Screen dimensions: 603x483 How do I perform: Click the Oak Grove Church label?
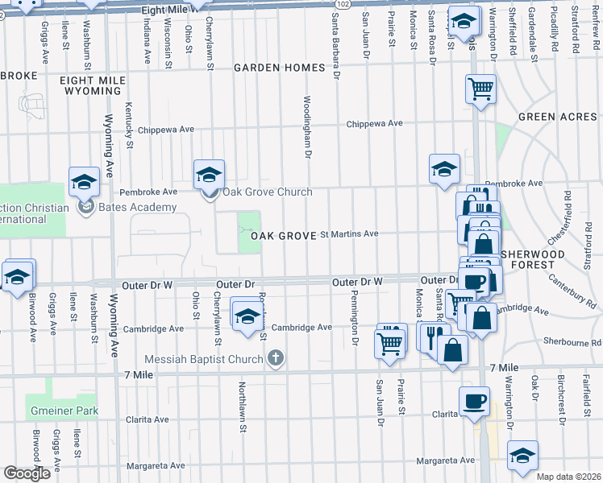pyautogui.click(x=268, y=192)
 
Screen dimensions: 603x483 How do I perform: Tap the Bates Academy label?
pyautogui.click(x=138, y=208)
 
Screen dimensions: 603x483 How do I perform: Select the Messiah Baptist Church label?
pyautogui.click(x=204, y=358)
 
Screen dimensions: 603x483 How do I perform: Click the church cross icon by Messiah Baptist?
pyautogui.click(x=276, y=358)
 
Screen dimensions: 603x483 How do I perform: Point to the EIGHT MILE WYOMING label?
pyautogui.click(x=90, y=85)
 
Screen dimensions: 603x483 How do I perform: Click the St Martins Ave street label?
pyautogui.click(x=349, y=234)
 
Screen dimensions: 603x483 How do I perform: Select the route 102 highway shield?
pyautogui.click(x=343, y=5)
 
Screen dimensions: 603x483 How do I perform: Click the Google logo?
pyautogui.click(x=26, y=473)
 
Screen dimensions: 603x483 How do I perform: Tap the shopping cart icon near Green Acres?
pyautogui.click(x=480, y=88)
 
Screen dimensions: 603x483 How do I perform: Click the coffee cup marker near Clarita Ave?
pyautogui.click(x=473, y=400)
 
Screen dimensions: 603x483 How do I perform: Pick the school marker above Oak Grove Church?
pyautogui.click(x=209, y=173)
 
